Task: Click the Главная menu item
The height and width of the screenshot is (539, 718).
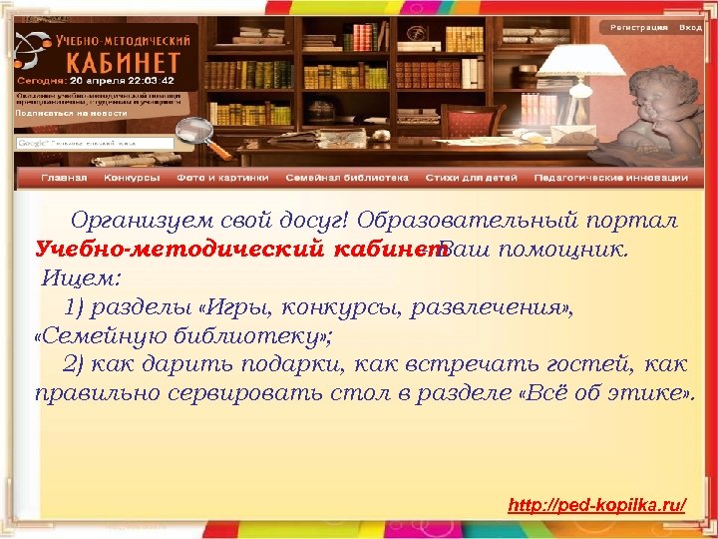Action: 64,178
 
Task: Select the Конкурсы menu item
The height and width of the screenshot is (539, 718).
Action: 132,178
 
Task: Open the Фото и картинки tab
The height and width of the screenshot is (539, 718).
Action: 222,178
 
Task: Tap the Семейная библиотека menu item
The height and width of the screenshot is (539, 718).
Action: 347,178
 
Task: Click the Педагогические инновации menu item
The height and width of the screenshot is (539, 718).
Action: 611,178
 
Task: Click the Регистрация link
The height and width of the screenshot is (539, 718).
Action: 638,28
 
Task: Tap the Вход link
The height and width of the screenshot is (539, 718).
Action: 690,28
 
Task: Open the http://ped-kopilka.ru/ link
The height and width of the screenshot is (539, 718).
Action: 597,506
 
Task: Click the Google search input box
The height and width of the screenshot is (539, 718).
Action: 95,143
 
